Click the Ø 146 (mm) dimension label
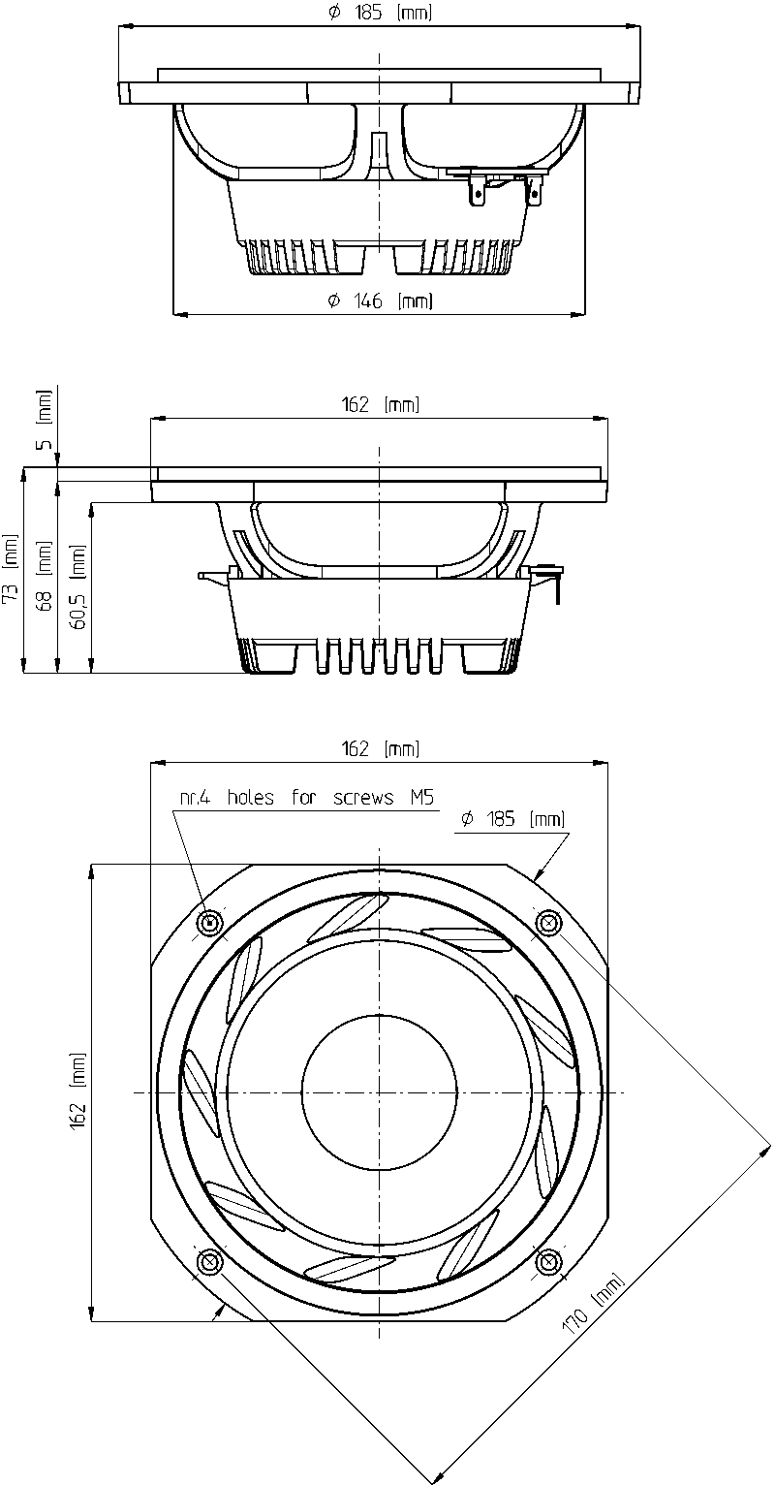[380, 300]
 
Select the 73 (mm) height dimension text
[11, 570]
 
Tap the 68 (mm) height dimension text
[45, 576]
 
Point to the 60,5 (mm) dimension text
[78, 586]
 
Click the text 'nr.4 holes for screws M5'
[307, 797]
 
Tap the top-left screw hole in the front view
[211, 922]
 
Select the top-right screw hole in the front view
[547, 922]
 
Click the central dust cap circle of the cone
[379, 1091]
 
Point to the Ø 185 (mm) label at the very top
[380, 13]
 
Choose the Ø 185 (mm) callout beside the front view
[513, 819]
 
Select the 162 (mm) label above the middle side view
[381, 404]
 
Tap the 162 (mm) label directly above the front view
[381, 749]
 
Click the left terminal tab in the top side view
[476, 192]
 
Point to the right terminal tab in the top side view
[533, 192]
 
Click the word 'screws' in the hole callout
[363, 798]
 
